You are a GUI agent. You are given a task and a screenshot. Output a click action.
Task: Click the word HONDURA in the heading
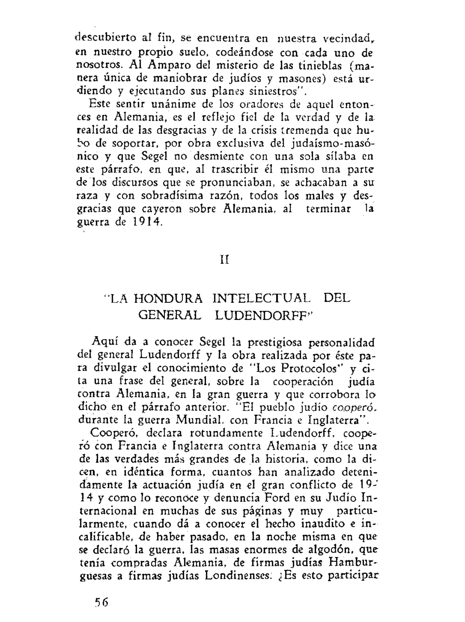[168, 299]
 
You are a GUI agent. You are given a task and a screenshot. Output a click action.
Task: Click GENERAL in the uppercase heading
[170, 315]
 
